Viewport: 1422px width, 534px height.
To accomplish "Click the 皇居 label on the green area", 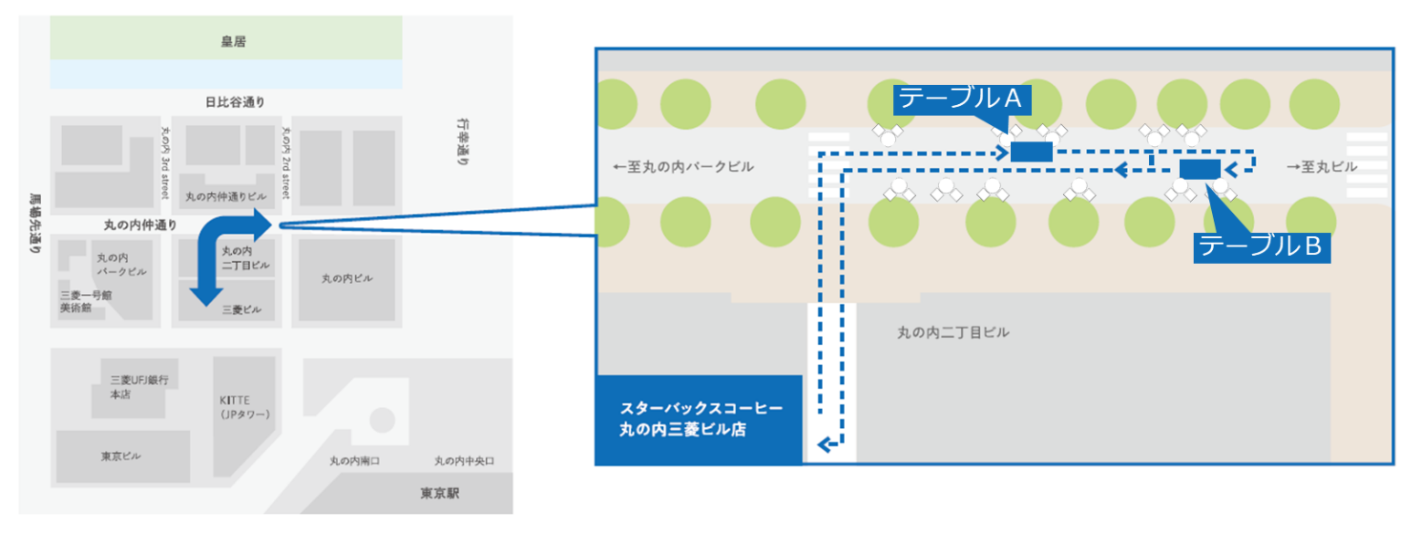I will (225, 41).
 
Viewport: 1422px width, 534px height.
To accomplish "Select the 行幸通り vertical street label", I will (462, 143).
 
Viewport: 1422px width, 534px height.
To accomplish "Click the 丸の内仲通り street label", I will (140, 225).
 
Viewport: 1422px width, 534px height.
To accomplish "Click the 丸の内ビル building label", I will (346, 278).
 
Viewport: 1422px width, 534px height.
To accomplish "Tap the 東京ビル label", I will (121, 456).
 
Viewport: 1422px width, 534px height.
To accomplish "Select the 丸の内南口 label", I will (355, 461).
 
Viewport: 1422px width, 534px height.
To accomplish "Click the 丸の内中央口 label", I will (465, 461).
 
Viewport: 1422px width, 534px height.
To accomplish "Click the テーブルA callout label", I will (960, 97).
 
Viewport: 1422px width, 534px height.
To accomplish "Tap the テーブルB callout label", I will (1259, 246).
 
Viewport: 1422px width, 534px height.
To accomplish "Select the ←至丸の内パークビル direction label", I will (683, 167).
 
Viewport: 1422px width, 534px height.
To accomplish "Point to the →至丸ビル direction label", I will (1322, 167).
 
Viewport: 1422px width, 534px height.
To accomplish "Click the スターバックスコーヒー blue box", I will (698, 419).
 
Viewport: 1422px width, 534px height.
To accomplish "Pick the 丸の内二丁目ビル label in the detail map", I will (952, 332).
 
